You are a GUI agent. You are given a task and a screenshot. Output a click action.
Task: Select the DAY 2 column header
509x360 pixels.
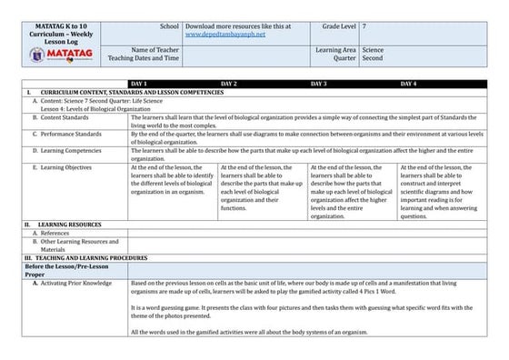(228, 84)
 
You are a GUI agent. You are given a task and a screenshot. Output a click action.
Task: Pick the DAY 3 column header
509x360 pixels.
(319, 84)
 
